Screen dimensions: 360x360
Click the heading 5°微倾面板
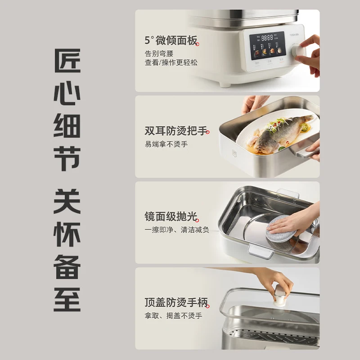tap(171, 41)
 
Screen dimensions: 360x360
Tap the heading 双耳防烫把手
tap(176, 131)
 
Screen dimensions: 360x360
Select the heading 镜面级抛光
tap(171, 217)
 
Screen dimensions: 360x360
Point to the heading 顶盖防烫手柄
tap(176, 302)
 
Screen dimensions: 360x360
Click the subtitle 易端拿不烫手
tap(166, 144)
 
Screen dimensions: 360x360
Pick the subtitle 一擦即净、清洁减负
tap(177, 230)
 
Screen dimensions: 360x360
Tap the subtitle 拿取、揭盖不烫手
tap(173, 316)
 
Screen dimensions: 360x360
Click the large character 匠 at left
tap(67, 60)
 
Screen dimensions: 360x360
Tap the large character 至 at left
tap(67, 299)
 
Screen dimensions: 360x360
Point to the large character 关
tap(67, 201)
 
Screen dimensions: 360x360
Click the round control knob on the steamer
tap(299, 50)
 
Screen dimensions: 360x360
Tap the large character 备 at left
tap(67, 266)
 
